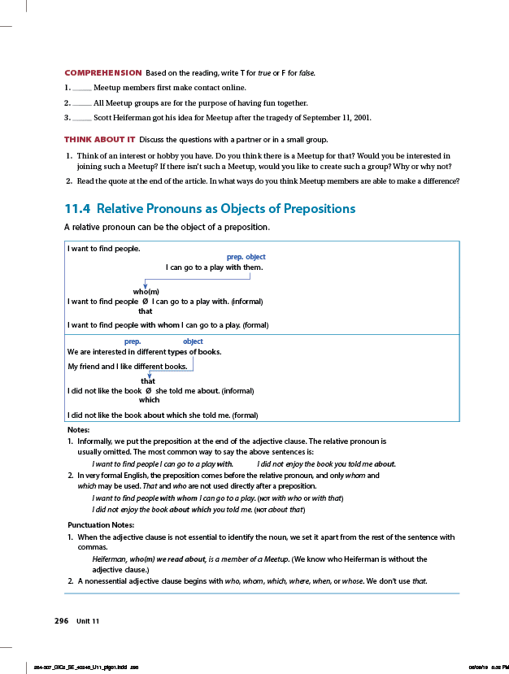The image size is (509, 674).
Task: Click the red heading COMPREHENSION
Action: pyautogui.click(x=102, y=73)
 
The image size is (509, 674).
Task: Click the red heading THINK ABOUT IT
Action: pyautogui.click(x=99, y=139)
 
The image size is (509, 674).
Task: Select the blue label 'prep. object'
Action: pyautogui.click(x=246, y=257)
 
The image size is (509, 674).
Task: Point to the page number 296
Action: pyautogui.click(x=61, y=621)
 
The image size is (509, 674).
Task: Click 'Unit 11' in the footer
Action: pyautogui.click(x=88, y=621)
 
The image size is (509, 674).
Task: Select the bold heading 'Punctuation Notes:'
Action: pyautogui.click(x=100, y=524)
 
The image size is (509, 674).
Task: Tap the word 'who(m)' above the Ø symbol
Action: pyautogui.click(x=146, y=291)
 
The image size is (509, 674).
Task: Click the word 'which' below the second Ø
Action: pyautogui.click(x=149, y=400)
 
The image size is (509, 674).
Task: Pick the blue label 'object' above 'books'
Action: pyautogui.click(x=193, y=341)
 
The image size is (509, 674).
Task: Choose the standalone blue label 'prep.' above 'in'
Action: pyautogui.click(x=133, y=341)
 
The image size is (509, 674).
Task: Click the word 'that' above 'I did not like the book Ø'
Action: pyautogui.click(x=148, y=381)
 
